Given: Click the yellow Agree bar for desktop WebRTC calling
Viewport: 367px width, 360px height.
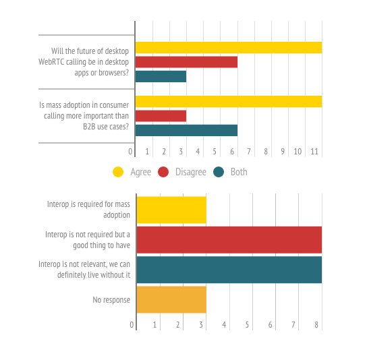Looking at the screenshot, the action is click(229, 48).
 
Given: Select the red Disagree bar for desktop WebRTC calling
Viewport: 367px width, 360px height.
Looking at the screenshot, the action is click(187, 62).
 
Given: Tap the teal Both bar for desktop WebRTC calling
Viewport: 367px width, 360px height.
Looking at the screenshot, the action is click(161, 76).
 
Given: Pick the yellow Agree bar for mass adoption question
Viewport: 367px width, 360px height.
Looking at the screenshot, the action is click(229, 102).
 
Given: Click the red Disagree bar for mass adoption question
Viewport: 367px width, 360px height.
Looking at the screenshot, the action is click(161, 116).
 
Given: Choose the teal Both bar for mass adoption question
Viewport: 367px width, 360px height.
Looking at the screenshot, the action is click(187, 130).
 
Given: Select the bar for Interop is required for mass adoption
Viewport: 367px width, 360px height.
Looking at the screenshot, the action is click(171, 210).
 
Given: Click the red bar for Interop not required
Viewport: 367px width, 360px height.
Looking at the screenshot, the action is click(229, 240).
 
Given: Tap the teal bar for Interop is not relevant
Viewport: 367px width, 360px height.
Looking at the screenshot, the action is click(229, 270).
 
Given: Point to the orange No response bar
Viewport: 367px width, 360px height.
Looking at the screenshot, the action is click(171, 299).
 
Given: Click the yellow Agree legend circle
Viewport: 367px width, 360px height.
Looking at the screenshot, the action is click(118, 172).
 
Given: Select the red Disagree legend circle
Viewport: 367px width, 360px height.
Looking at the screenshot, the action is click(163, 172).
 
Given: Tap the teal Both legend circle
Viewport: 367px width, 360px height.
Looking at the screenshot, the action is click(219, 172).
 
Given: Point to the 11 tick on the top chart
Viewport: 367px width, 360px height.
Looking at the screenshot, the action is click(314, 152).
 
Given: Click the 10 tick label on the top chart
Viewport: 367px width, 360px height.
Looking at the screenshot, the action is click(298, 152).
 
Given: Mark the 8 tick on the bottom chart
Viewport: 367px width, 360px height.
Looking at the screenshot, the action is click(316, 325).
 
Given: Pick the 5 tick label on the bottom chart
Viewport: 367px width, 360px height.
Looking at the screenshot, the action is click(247, 325).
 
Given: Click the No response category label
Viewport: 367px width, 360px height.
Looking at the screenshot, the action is click(111, 300).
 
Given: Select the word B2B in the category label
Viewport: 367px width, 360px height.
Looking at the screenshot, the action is click(89, 127).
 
